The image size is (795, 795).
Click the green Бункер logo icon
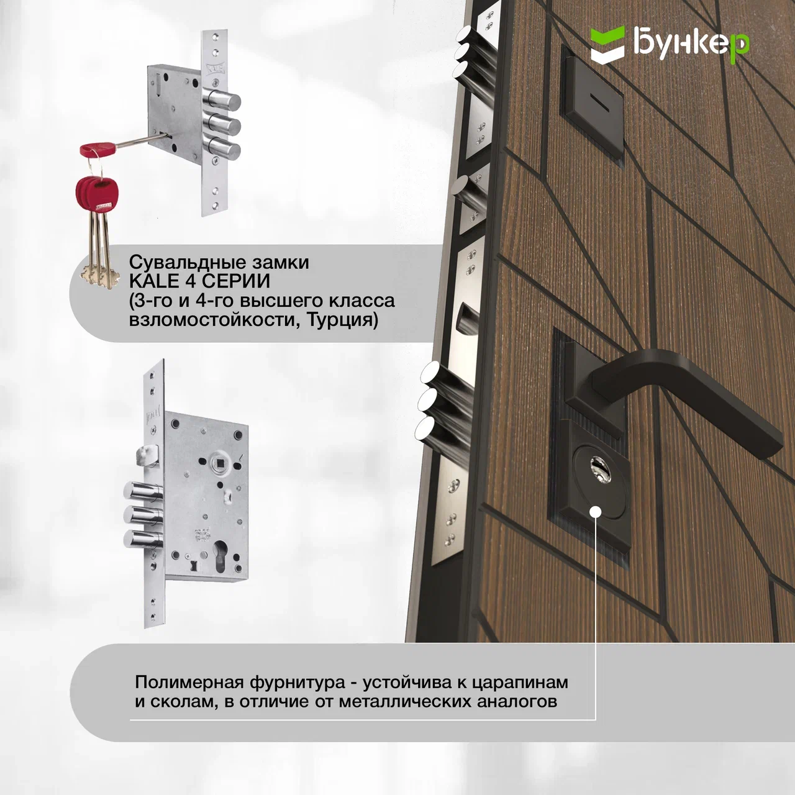(607, 44)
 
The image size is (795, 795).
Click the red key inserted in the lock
(98, 148)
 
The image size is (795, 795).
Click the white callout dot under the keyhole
(596, 512)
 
